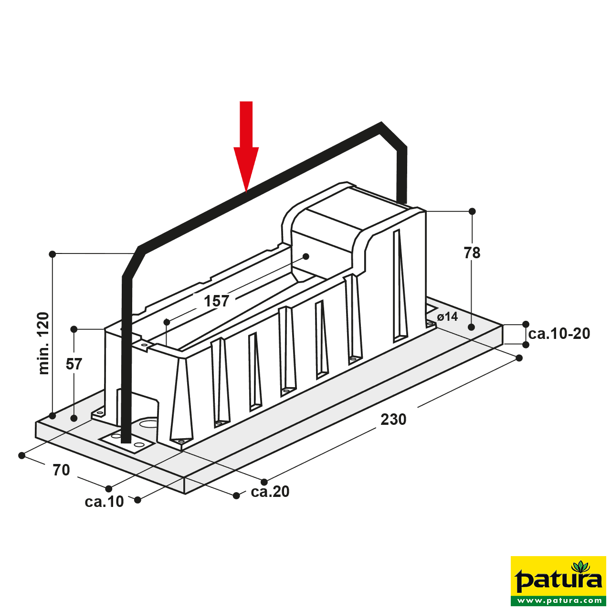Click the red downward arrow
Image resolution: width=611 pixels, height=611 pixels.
coord(246,146)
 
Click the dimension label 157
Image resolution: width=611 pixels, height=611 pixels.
coord(216,301)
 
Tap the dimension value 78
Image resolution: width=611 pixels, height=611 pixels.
coord(472,253)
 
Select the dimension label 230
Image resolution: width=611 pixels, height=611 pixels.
coord(393,420)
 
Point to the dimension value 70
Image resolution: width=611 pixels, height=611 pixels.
coord(61,470)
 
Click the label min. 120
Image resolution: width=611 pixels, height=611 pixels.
coord(44,343)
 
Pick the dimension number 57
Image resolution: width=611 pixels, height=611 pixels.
coord(74,364)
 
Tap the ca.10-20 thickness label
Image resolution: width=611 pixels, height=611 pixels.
coord(559,334)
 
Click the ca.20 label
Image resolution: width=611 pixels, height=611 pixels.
coord(270,492)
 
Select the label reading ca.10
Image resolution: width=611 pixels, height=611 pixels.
coord(105,502)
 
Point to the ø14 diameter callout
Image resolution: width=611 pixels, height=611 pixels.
coord(447,316)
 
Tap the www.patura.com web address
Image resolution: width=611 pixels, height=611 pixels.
coord(558,600)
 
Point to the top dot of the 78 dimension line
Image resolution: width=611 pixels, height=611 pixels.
coord(472,211)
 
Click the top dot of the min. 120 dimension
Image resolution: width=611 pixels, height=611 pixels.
coord(53,254)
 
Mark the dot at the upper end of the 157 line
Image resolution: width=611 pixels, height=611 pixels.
coord(306,256)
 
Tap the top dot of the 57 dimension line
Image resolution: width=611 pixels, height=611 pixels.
coord(74,329)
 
